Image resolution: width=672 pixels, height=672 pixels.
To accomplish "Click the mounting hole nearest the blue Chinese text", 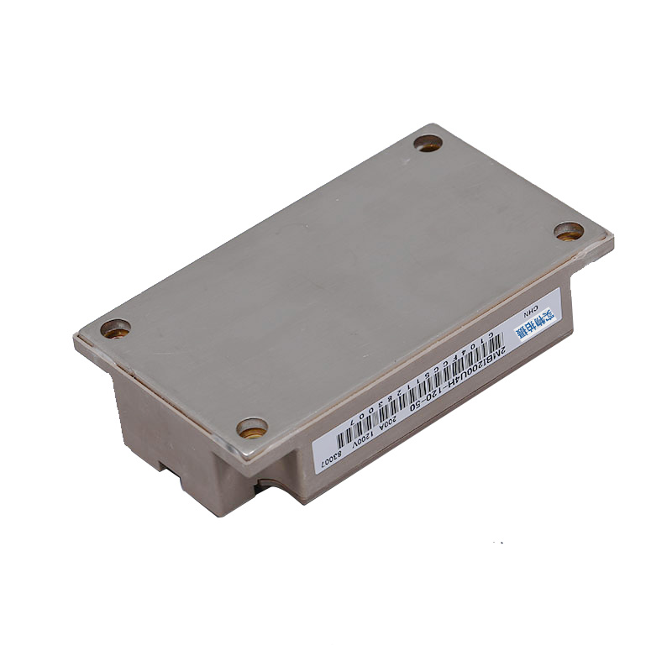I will tap(569, 231).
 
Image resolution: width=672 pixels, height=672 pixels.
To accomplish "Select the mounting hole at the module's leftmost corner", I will tap(115, 328).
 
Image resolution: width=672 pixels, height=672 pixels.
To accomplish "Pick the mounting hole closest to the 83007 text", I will tap(252, 428).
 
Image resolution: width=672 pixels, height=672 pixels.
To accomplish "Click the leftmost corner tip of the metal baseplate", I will tap(75, 338).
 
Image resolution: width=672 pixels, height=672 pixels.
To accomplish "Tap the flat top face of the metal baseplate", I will tap(336, 277).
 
